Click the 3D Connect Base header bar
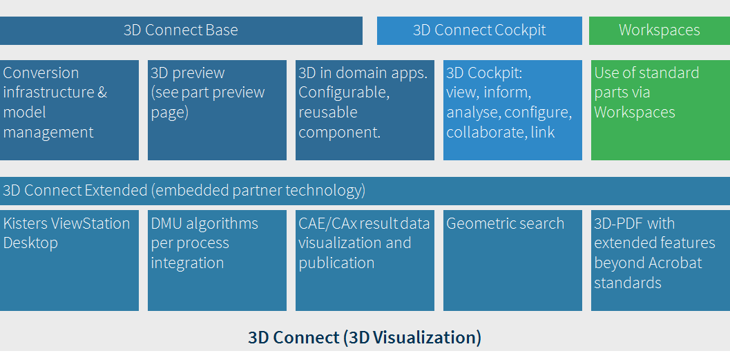[x=181, y=30]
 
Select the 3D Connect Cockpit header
[x=479, y=30]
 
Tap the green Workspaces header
[x=660, y=30]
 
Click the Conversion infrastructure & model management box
[x=69, y=110]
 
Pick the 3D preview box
[x=217, y=110]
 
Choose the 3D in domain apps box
[x=365, y=110]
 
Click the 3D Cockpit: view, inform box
[x=512, y=110]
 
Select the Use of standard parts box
[x=661, y=110]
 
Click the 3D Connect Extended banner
[x=365, y=191]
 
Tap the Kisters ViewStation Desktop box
[x=69, y=260]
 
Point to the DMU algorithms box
[x=217, y=260]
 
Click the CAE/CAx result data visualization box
[x=365, y=260]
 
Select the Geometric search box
[x=512, y=260]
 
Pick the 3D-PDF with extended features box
[x=661, y=260]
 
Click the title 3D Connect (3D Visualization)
[x=365, y=338]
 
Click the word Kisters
[x=25, y=224]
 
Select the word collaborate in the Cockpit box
[x=486, y=133]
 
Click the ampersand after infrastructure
[x=102, y=93]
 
